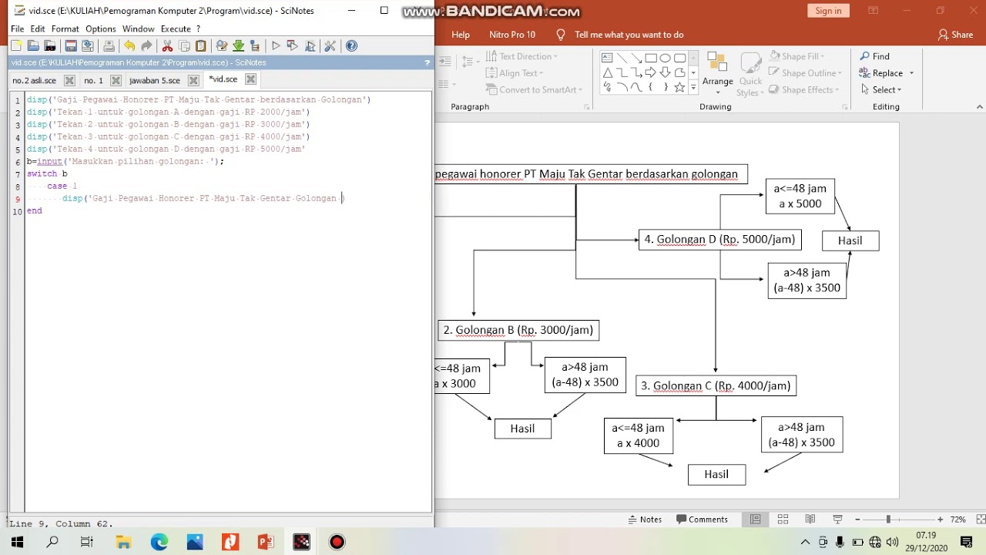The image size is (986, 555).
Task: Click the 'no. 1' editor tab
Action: (x=93, y=80)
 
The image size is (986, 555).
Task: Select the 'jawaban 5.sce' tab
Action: (x=154, y=80)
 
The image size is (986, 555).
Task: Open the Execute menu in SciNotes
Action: (x=176, y=29)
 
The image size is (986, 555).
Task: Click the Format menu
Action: (x=65, y=29)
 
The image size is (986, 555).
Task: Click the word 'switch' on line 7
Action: (x=42, y=174)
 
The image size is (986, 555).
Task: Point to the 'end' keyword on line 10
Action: (x=35, y=210)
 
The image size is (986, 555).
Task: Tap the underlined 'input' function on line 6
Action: (x=49, y=162)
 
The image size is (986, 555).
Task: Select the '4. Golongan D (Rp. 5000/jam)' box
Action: (x=719, y=240)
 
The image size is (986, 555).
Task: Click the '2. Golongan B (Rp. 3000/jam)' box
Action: (x=518, y=330)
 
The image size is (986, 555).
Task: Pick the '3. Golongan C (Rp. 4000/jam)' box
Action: (x=716, y=385)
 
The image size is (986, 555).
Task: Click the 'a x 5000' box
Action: (x=800, y=196)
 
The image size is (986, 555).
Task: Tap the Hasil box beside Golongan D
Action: (x=850, y=240)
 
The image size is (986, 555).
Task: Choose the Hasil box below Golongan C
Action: (x=716, y=475)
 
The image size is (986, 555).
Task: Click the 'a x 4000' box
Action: (x=638, y=436)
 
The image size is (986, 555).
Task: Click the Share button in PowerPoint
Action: (x=955, y=35)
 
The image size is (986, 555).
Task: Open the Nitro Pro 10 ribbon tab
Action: (x=511, y=35)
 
